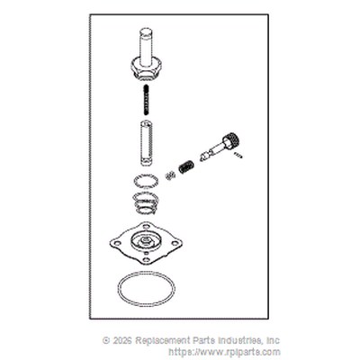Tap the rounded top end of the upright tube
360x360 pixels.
146,31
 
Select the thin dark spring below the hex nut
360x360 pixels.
146,99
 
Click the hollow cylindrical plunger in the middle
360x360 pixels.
146,142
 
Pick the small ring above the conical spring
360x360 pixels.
146,181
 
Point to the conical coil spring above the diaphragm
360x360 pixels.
146,203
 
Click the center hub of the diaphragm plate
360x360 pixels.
146,240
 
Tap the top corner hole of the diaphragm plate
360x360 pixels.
146,227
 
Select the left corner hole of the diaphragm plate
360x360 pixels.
118,243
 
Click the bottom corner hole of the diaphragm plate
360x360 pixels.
146,259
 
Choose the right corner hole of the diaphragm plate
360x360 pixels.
175,243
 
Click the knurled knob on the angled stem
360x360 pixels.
231,140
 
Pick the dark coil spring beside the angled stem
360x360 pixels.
186,166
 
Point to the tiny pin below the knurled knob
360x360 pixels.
238,155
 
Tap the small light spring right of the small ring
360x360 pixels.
170,175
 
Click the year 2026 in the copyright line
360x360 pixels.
121,340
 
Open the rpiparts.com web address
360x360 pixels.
225,352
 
